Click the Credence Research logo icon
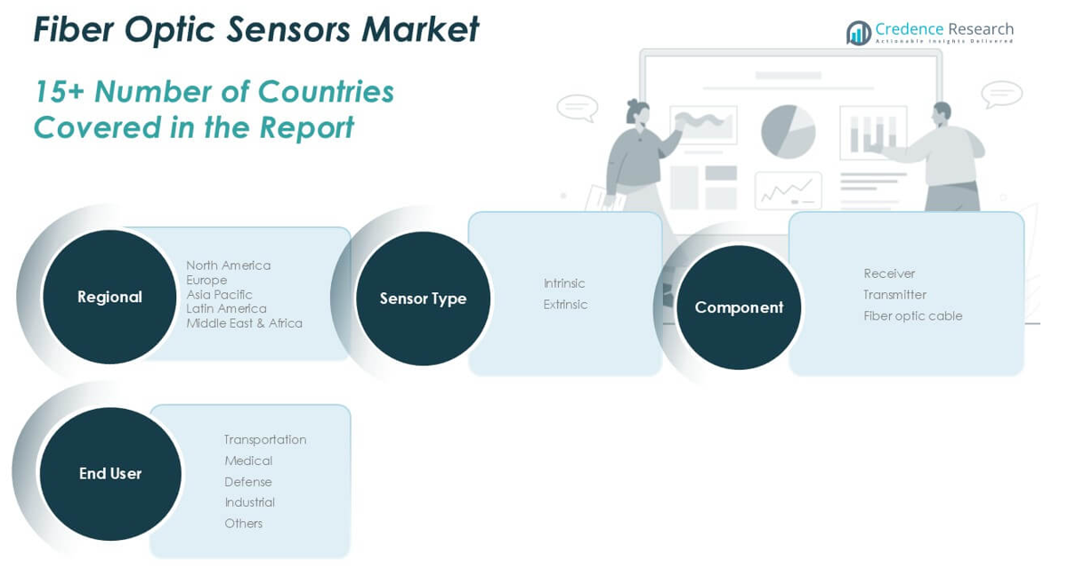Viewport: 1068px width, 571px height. click(x=858, y=33)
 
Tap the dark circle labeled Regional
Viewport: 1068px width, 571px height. click(x=109, y=298)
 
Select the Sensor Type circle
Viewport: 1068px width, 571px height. click(x=423, y=298)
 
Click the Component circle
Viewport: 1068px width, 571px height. click(x=739, y=307)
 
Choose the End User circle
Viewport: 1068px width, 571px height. click(x=110, y=474)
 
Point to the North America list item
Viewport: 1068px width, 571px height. click(x=228, y=265)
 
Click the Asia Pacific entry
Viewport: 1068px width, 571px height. click(x=219, y=294)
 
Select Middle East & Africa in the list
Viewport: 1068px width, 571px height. click(x=244, y=323)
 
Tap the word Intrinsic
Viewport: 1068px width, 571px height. click(x=564, y=283)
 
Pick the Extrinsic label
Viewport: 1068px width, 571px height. click(x=565, y=305)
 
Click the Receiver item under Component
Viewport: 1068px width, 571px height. click(x=889, y=273)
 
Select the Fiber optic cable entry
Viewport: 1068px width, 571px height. click(x=912, y=315)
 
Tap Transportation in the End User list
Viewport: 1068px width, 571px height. click(x=265, y=439)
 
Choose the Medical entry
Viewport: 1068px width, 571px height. click(x=248, y=461)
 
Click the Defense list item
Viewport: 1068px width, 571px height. click(x=248, y=482)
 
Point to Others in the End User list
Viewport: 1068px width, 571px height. click(x=243, y=524)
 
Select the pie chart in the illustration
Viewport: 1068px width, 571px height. click(x=788, y=132)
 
